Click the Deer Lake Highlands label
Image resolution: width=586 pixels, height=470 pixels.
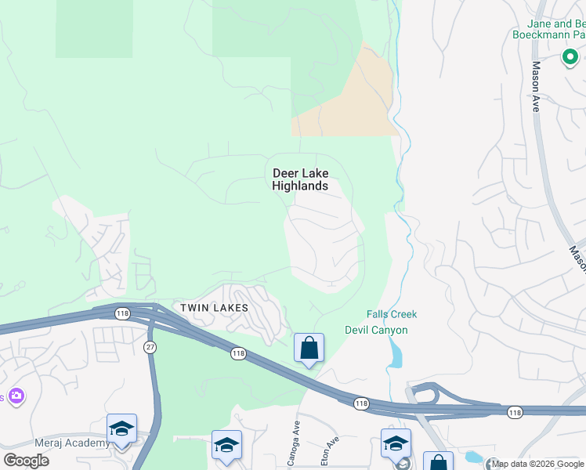pyautogui.click(x=300, y=179)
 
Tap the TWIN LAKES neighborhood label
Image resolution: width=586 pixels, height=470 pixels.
pyautogui.click(x=215, y=308)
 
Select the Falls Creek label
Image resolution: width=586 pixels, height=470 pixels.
pyautogui.click(x=392, y=314)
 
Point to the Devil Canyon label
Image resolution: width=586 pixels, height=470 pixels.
pyautogui.click(x=376, y=330)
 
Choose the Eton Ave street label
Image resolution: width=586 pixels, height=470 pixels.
pyautogui.click(x=333, y=452)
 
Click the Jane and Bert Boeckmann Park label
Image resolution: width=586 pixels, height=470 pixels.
pyautogui.click(x=548, y=29)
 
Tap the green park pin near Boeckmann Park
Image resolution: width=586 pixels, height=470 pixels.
pyautogui.click(x=570, y=57)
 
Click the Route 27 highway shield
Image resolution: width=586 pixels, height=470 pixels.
pyautogui.click(x=149, y=346)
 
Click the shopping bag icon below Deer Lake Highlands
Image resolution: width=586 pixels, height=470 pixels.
pyautogui.click(x=309, y=347)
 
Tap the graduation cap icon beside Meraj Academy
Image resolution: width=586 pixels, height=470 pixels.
pyautogui.click(x=121, y=428)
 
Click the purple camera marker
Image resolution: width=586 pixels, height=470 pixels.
pyautogui.click(x=16, y=397)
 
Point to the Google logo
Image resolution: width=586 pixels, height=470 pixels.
pyautogui.click(x=26, y=461)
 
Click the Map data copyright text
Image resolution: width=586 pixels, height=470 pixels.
pyautogui.click(x=537, y=464)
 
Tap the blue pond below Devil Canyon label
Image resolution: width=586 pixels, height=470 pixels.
pyautogui.click(x=393, y=356)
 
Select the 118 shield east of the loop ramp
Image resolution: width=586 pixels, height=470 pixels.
pyautogui.click(x=514, y=412)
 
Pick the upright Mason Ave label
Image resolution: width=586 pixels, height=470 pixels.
pyautogui.click(x=536, y=86)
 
